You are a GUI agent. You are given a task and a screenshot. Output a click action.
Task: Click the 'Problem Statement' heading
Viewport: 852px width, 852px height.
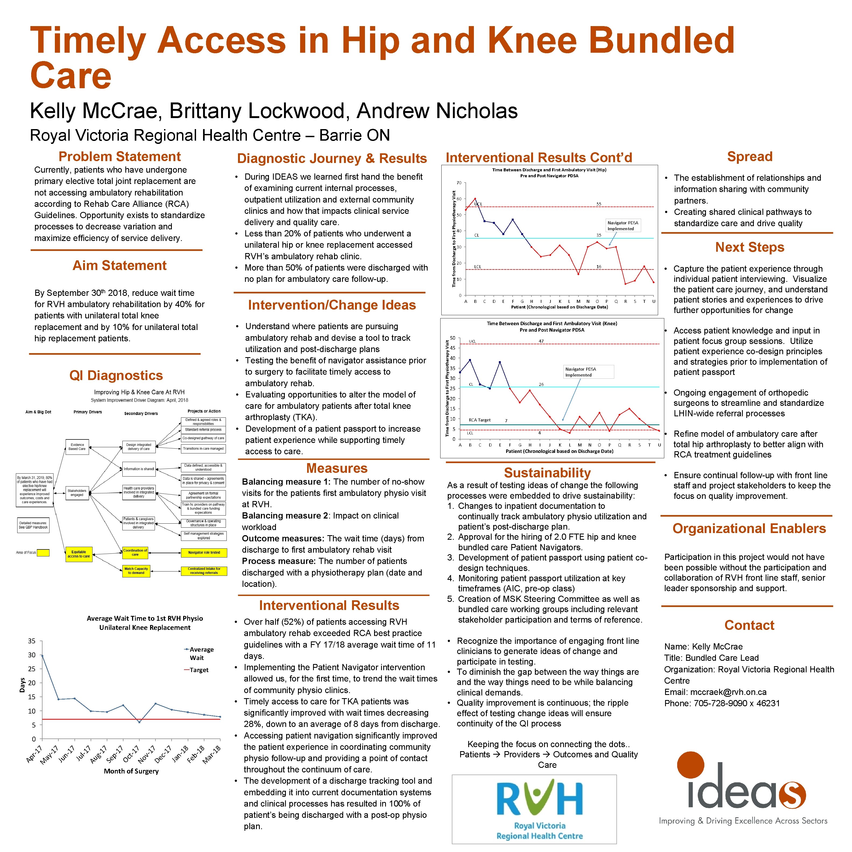click(x=119, y=157)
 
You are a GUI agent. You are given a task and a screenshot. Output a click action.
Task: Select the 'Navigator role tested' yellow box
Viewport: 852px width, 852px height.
click(x=204, y=553)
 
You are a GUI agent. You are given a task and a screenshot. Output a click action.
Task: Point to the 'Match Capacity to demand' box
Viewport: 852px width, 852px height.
click(x=136, y=571)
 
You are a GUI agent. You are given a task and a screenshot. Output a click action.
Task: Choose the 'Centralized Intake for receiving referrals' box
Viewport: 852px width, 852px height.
click(x=204, y=571)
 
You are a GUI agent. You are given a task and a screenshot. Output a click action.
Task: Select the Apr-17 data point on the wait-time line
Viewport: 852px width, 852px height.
click(x=42, y=655)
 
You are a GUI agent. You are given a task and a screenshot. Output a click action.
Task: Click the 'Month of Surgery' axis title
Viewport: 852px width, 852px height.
click(x=131, y=771)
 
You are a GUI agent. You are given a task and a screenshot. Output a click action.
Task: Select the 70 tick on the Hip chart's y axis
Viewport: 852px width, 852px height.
click(x=459, y=183)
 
